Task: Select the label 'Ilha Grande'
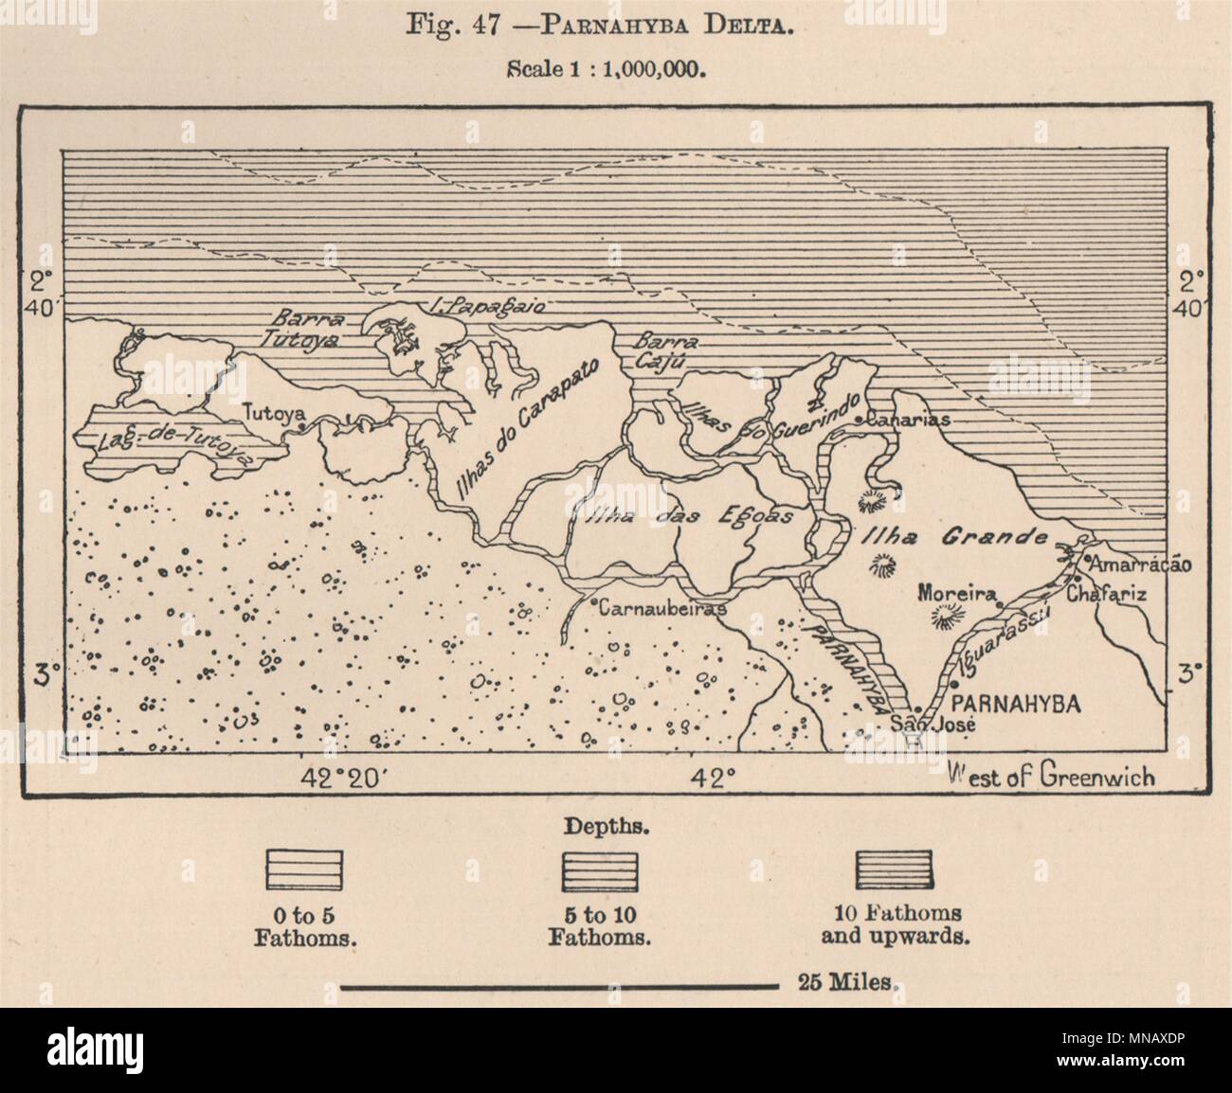(x=953, y=538)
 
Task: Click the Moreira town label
(x=955, y=595)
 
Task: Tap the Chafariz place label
(x=1106, y=596)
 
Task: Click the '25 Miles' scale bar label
(x=838, y=981)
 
